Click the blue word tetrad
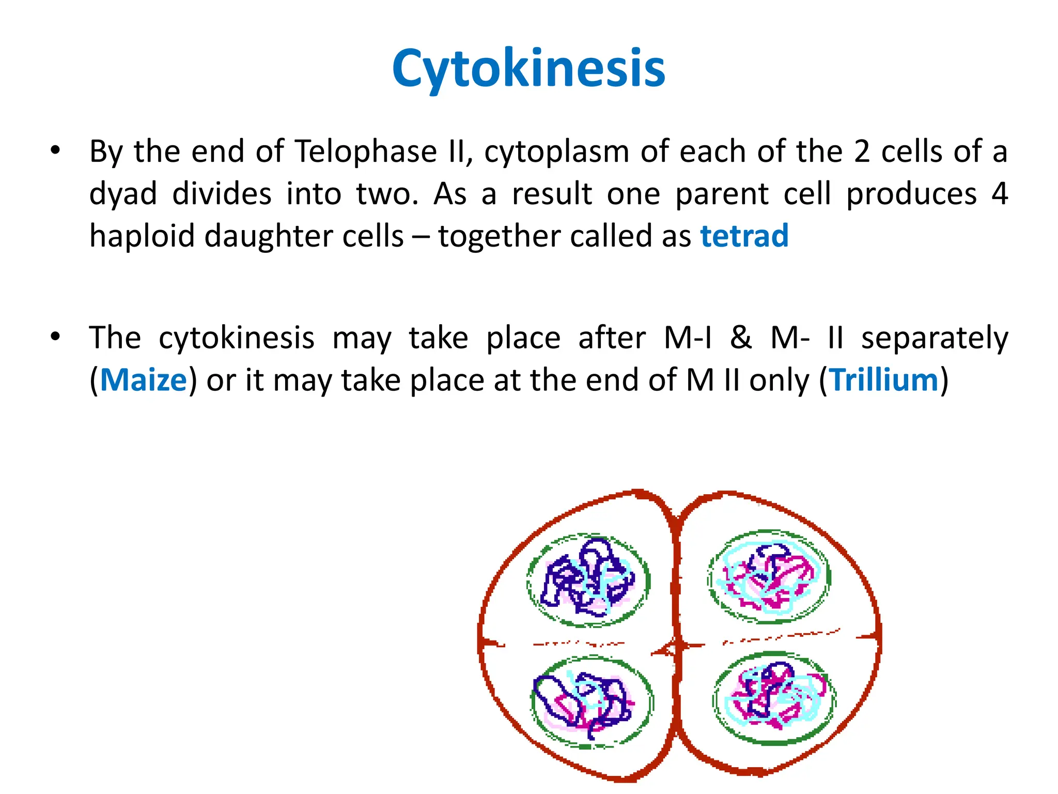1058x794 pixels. [744, 236]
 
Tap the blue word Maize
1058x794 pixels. [143, 380]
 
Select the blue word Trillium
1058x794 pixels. [884, 380]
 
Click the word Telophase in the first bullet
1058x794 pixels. [366, 152]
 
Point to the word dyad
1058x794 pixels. [122, 194]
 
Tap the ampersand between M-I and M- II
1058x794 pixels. [741, 338]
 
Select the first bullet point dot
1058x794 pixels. [55, 151]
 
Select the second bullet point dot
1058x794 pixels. [55, 337]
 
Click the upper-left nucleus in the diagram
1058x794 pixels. [588, 580]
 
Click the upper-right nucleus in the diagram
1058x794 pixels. [769, 577]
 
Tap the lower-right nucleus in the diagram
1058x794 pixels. [774, 698]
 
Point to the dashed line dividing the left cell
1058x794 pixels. [579, 644]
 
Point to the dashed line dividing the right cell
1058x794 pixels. [780, 637]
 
